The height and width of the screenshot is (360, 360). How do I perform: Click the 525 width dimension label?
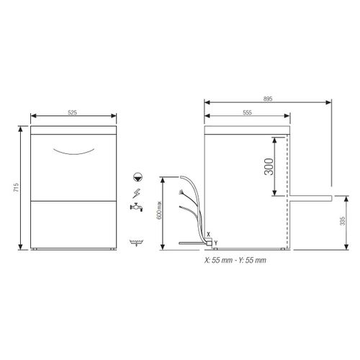74,113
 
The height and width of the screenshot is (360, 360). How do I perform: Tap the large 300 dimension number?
268,167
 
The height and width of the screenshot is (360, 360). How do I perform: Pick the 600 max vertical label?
168,212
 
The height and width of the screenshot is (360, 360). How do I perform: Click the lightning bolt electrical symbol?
138,192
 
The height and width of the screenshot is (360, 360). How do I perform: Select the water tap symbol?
136,210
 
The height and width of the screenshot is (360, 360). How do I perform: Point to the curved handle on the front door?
74,150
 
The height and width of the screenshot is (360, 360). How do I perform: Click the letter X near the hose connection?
207,235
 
